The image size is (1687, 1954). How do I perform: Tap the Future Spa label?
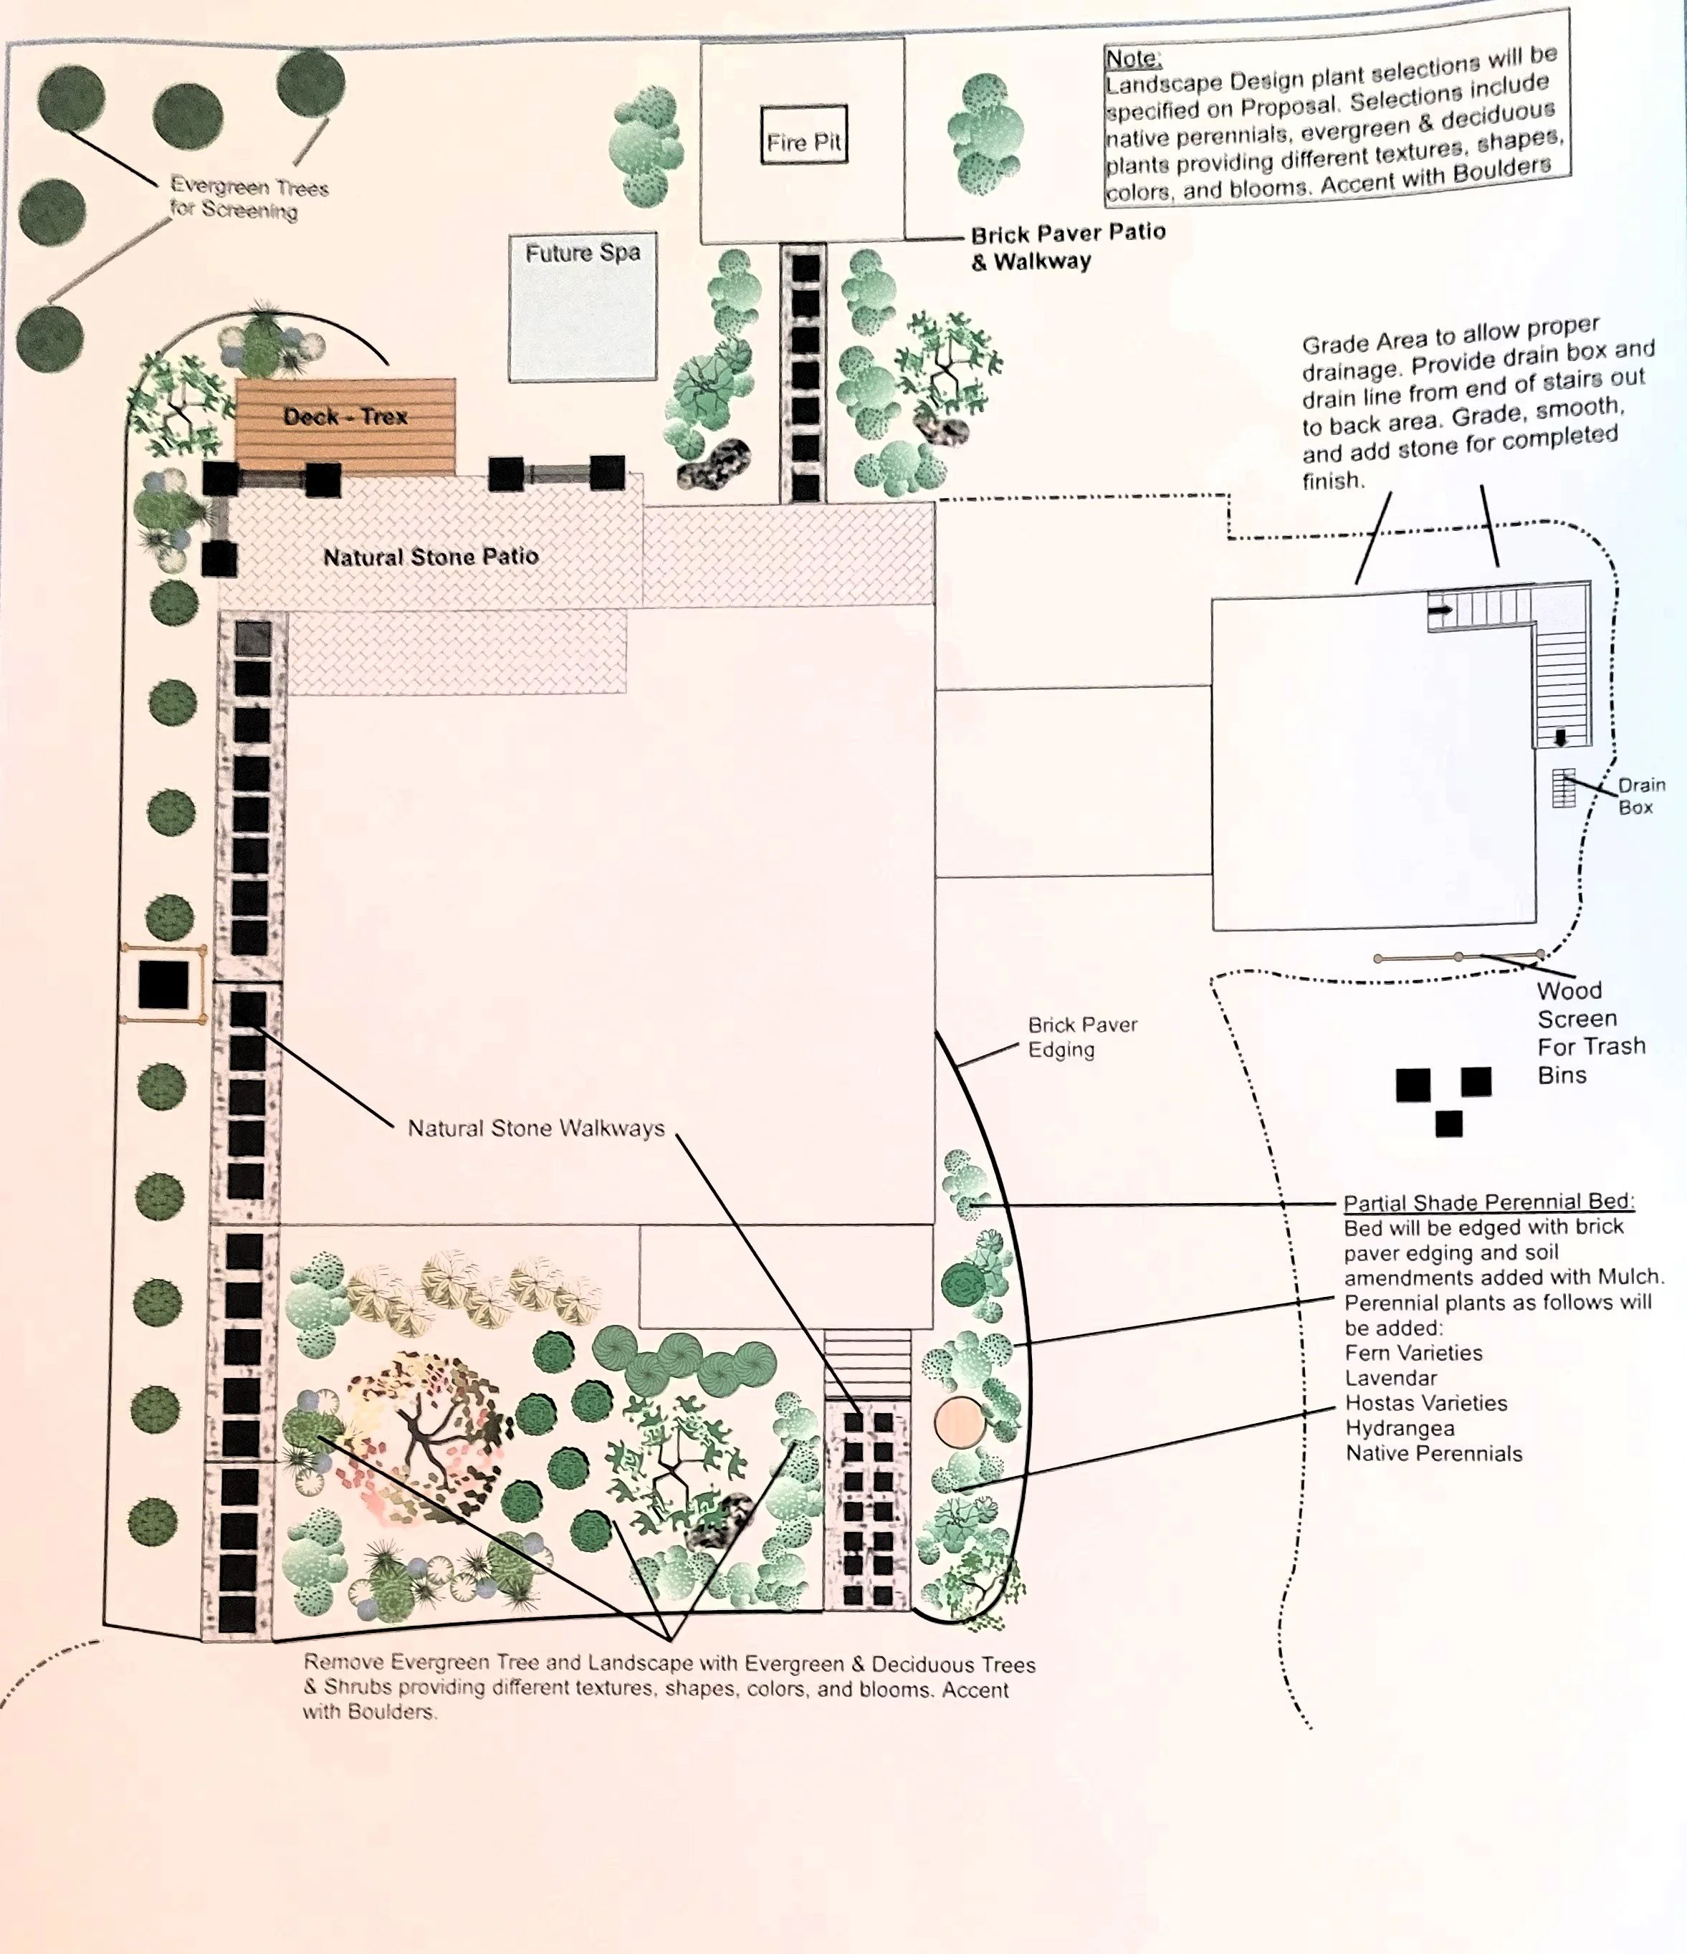pyautogui.click(x=583, y=253)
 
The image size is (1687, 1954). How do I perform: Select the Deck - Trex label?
pyautogui.click(x=345, y=416)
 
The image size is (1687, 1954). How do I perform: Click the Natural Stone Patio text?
pyautogui.click(x=431, y=557)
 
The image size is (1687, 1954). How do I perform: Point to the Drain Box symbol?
pyautogui.click(x=1564, y=788)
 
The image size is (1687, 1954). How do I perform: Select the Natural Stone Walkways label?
pyautogui.click(x=535, y=1128)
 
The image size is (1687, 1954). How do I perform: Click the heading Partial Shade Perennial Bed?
pyautogui.click(x=1488, y=1202)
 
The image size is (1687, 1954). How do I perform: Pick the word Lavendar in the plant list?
pyautogui.click(x=1391, y=1378)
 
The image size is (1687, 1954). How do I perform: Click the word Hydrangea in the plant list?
pyautogui.click(x=1400, y=1428)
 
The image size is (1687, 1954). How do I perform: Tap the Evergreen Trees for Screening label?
pyautogui.click(x=248, y=198)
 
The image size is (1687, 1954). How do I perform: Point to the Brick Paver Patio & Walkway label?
pyautogui.click(x=1068, y=246)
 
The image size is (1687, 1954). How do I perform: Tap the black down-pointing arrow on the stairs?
pyautogui.click(x=1561, y=737)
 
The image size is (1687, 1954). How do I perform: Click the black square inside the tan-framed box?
pyautogui.click(x=163, y=985)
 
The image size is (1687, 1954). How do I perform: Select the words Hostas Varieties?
pyautogui.click(x=1426, y=1403)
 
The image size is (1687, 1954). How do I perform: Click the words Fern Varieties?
pyautogui.click(x=1413, y=1352)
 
